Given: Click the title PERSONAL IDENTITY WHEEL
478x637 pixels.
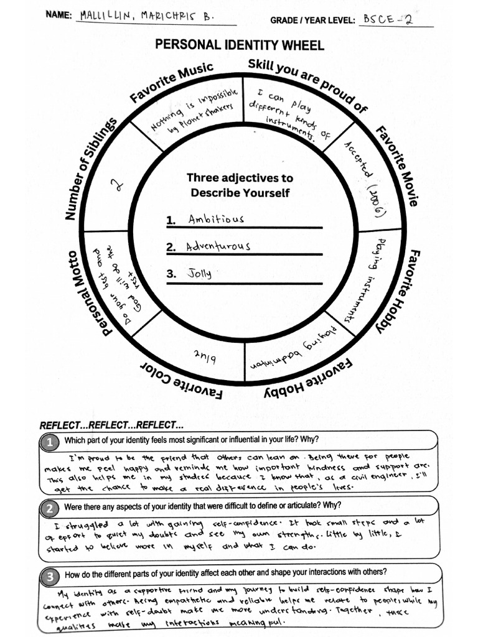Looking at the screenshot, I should click(x=240, y=45).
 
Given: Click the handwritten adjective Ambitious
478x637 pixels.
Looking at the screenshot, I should click(x=216, y=219).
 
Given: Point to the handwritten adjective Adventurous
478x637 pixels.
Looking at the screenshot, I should click(x=218, y=246).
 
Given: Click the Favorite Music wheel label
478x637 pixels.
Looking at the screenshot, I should click(x=171, y=82).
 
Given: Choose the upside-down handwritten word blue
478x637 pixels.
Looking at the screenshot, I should click(x=205, y=356).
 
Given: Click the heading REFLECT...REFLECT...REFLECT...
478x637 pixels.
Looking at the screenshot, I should click(x=111, y=426).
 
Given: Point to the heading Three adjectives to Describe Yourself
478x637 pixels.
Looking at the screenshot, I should click(x=240, y=185).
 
